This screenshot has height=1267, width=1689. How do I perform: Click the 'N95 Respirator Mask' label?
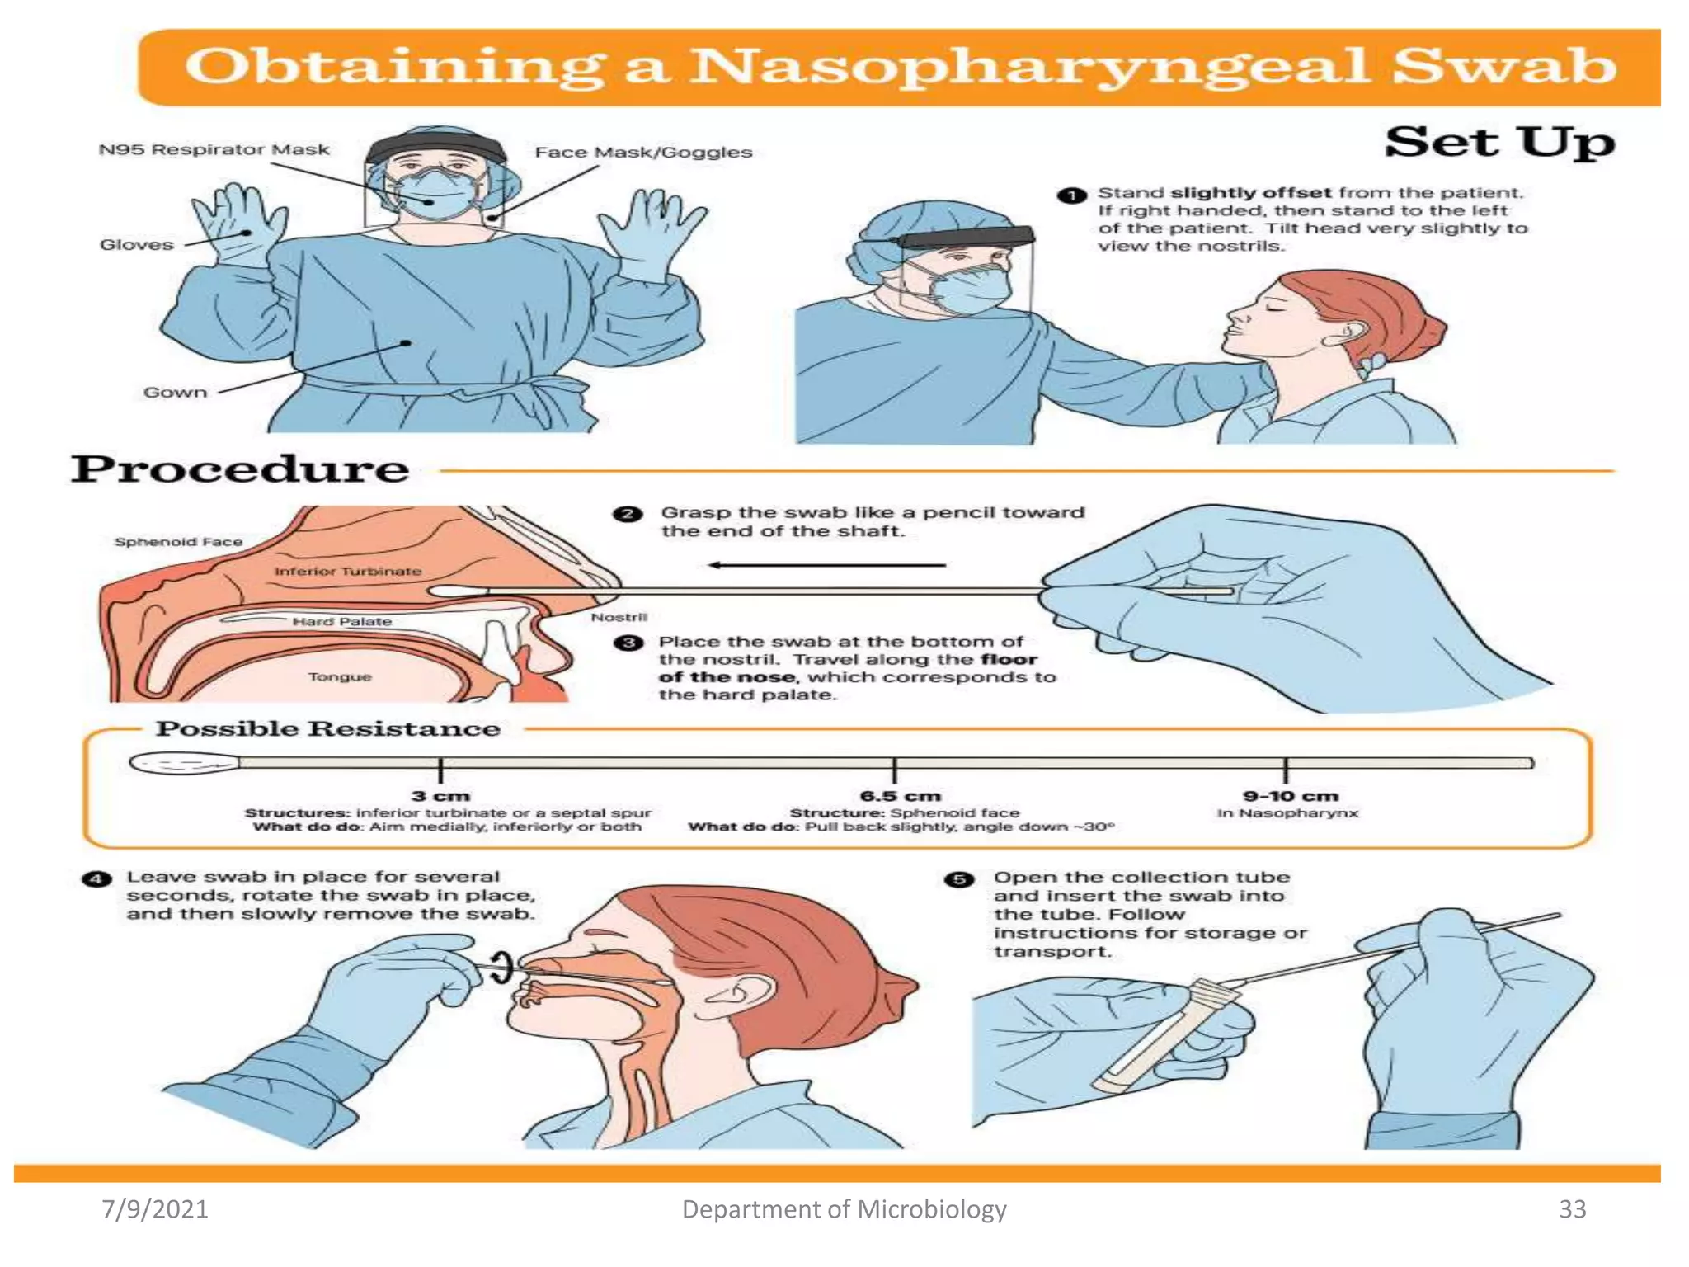click(214, 150)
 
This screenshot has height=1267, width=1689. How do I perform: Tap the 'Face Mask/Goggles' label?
click(643, 153)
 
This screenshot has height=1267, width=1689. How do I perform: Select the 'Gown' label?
click(175, 393)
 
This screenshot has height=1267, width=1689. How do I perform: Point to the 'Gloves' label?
click(137, 245)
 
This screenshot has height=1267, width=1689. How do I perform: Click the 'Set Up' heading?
click(1498, 142)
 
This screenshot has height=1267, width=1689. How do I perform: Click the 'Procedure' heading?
click(239, 469)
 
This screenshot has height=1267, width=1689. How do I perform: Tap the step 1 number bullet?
click(1070, 195)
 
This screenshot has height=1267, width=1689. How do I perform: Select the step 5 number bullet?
click(958, 879)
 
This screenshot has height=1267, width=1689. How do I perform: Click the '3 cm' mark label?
click(440, 796)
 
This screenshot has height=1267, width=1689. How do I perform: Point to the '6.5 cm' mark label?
click(900, 796)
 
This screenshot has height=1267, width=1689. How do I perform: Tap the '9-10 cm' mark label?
click(1291, 796)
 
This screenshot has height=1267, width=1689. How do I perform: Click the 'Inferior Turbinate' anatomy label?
click(347, 571)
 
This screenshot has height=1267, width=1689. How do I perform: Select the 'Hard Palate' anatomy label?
click(341, 621)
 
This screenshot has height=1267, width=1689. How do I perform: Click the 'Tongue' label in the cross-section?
click(340, 676)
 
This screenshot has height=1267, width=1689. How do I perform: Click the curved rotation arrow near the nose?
click(501, 966)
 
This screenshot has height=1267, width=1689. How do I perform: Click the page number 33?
click(1572, 1209)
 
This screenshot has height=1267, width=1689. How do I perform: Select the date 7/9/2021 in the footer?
click(155, 1209)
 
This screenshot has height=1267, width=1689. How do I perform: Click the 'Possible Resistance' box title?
click(327, 729)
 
